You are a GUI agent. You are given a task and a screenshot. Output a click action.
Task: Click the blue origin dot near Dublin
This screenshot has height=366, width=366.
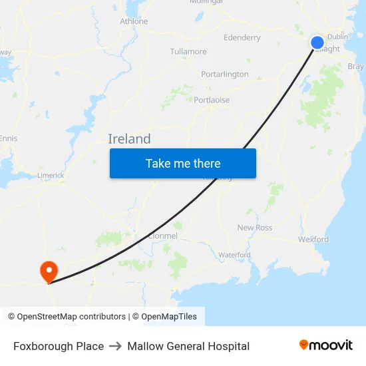click(317, 43)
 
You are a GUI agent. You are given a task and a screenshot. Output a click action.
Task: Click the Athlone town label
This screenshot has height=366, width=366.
click(134, 21)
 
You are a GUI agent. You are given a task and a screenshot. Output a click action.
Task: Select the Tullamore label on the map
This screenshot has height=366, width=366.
click(188, 51)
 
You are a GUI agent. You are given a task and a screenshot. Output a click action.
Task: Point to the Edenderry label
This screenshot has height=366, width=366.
click(242, 38)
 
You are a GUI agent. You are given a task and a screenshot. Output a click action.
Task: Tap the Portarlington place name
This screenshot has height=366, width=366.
click(225, 75)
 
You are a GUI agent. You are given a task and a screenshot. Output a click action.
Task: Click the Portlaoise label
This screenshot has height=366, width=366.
click(212, 100)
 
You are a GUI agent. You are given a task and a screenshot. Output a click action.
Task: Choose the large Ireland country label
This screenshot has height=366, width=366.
click(129, 139)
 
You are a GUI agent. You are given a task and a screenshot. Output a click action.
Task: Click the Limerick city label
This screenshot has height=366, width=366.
click(51, 176)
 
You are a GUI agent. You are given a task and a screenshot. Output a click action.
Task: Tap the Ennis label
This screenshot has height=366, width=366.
click(9, 138)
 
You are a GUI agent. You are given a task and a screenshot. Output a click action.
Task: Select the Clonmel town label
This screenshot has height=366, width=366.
click(163, 236)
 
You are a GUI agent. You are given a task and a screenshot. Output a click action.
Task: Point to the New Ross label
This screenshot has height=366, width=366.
click(255, 228)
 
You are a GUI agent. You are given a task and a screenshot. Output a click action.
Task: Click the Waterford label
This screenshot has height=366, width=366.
click(234, 255)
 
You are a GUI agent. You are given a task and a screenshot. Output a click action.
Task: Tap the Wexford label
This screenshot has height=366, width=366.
click(313, 240)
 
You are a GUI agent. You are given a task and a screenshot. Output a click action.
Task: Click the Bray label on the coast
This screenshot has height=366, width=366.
click(355, 67)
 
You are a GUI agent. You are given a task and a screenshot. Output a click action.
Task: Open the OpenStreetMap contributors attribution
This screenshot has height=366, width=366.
click(71, 317)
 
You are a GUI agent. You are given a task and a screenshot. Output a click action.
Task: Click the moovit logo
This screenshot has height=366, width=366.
click(326, 345)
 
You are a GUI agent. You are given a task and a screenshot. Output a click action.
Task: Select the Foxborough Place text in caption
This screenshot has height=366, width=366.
click(59, 346)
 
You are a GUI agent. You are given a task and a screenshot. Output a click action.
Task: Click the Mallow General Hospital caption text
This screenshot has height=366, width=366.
click(188, 346)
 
